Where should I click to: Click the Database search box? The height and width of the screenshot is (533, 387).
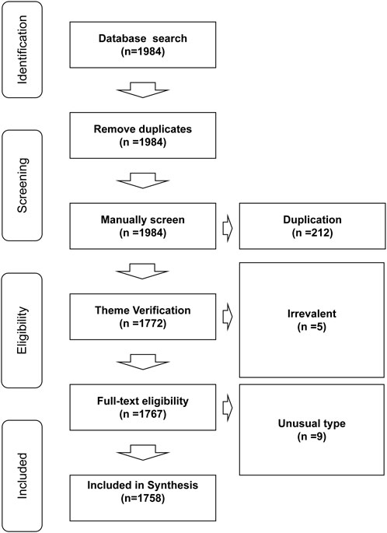(x=142, y=45)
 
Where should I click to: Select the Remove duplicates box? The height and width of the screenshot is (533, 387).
(x=142, y=135)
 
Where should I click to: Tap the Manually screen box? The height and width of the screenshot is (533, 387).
(x=142, y=226)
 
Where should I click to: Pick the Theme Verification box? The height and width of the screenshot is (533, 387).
(x=142, y=317)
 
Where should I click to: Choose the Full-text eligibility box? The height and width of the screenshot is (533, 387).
(x=142, y=407)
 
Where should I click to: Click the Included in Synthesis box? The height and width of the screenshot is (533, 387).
(x=142, y=498)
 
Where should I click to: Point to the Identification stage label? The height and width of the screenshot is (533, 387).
(x=22, y=50)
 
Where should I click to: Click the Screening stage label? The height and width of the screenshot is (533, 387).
(x=22, y=186)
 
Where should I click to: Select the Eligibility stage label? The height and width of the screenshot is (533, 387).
(x=22, y=331)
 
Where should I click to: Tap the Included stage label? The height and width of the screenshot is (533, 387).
(x=22, y=476)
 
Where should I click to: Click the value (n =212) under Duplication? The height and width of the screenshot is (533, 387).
(x=312, y=233)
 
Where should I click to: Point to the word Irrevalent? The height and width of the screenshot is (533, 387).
(x=312, y=313)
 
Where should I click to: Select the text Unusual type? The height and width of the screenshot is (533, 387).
(x=312, y=423)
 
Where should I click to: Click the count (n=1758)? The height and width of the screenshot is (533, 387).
(x=142, y=498)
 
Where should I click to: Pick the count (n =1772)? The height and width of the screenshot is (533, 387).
(x=142, y=324)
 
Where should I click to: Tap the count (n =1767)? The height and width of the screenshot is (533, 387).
(x=142, y=414)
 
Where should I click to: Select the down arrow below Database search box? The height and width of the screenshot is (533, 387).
(x=142, y=89)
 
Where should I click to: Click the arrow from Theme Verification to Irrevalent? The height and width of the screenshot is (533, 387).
(x=228, y=317)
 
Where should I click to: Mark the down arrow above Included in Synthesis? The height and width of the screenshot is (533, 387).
(x=142, y=452)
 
